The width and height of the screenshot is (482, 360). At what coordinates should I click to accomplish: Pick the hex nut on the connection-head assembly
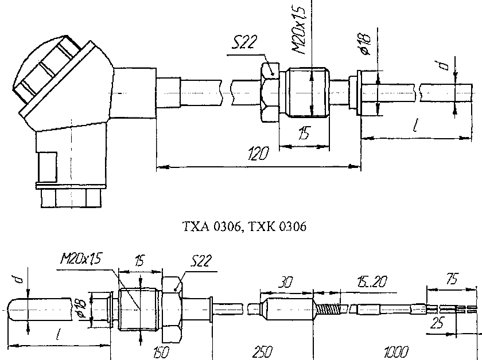tap(268, 92)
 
